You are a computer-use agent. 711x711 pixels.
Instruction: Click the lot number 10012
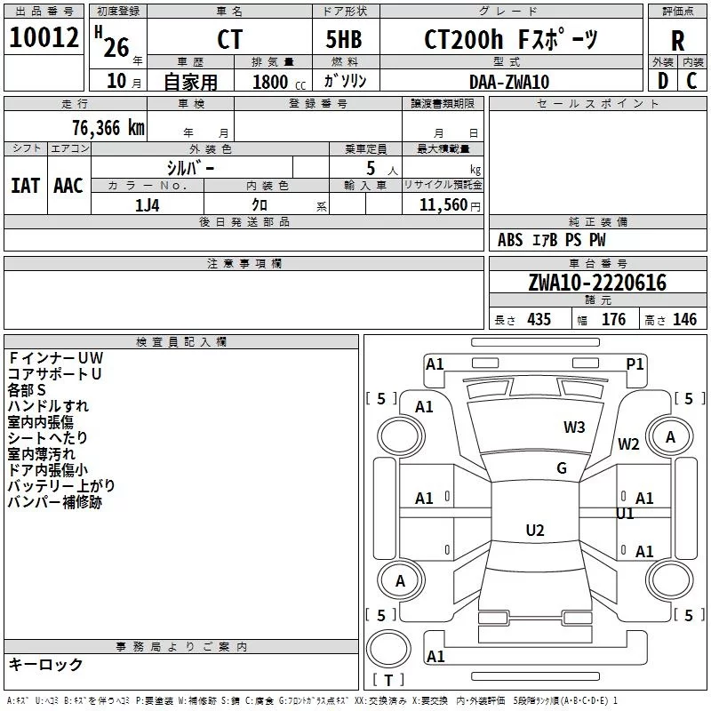[x=44, y=37]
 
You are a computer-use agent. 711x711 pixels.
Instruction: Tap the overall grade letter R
[x=677, y=41]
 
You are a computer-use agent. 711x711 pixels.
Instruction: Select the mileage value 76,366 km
[x=108, y=128]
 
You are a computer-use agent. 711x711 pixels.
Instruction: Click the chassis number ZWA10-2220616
[x=597, y=283]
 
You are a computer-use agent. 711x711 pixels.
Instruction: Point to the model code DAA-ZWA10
[x=509, y=82]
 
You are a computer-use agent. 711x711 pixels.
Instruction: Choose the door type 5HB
[x=344, y=39]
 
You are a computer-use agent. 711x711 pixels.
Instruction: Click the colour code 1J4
[x=148, y=205]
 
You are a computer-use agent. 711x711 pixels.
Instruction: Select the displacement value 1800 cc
[x=279, y=82]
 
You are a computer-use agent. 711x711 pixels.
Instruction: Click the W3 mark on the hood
[x=574, y=427]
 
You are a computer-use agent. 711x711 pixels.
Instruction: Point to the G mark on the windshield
[x=562, y=468]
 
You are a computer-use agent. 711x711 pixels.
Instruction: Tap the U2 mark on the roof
[x=535, y=530]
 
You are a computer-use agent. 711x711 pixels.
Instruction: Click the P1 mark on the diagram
[x=635, y=364]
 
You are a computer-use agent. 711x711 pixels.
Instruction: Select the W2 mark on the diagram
[x=628, y=443]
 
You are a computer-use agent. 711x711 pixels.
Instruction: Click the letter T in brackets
[x=388, y=680]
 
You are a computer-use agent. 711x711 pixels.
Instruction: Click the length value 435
[x=539, y=320]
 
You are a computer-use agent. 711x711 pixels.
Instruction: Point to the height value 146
[x=684, y=320]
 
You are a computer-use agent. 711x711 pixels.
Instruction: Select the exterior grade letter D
[x=663, y=81]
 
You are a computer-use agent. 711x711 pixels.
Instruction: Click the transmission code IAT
[x=26, y=186]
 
